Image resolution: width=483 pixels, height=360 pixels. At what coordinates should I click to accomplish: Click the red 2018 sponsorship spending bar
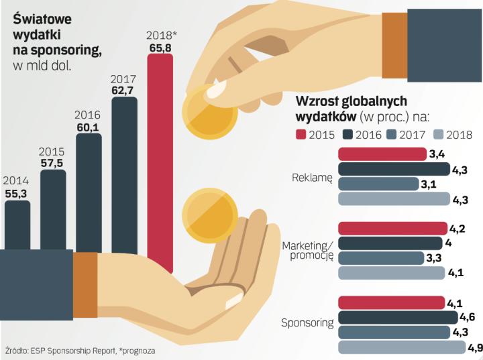click(x=160, y=161)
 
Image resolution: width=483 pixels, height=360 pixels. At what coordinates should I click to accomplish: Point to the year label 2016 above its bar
click(x=89, y=114)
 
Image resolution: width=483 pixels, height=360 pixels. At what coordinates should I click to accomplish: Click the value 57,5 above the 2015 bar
click(x=53, y=162)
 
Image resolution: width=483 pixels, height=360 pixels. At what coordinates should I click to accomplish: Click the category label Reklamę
click(x=313, y=178)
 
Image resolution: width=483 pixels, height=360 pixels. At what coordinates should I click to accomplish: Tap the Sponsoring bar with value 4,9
click(x=401, y=347)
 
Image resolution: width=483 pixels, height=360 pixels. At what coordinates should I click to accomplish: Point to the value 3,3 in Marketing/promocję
click(x=434, y=257)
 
